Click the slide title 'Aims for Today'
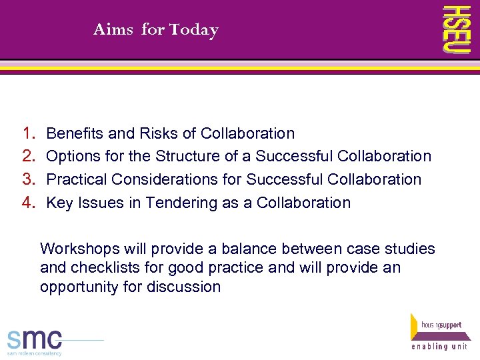pos(156,30)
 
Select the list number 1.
pos(28,133)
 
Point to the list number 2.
pos(28,156)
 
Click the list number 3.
pos(28,179)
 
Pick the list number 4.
pos(28,203)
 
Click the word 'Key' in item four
pos(59,203)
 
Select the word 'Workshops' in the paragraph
pos(76,249)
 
